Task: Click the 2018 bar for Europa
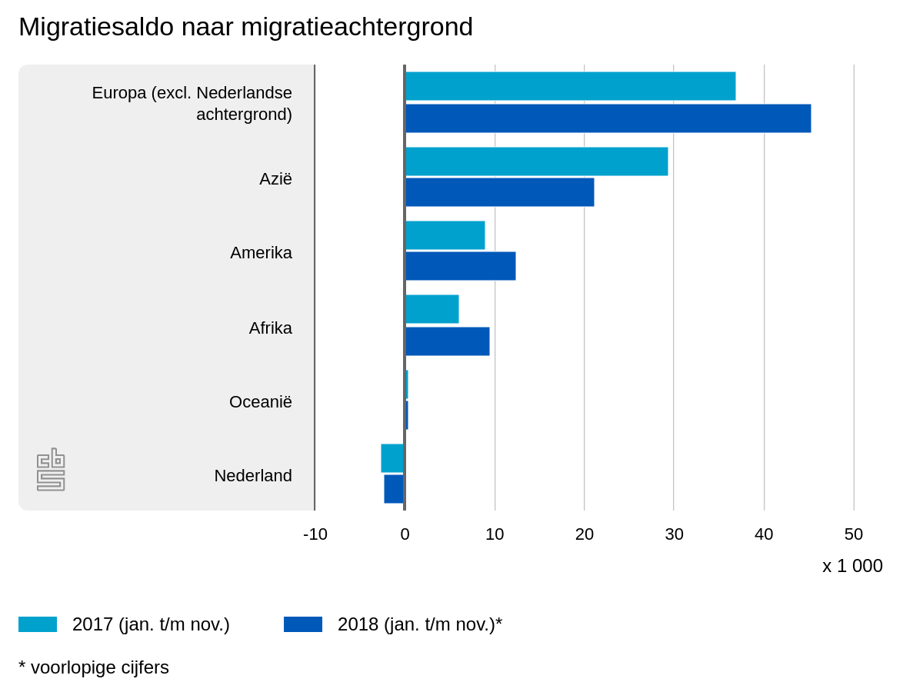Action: click(x=608, y=118)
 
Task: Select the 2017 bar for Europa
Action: click(x=570, y=86)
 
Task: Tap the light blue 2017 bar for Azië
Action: click(x=536, y=161)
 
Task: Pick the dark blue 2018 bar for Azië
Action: click(x=499, y=192)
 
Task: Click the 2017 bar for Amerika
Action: click(x=445, y=235)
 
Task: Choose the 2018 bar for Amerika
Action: click(x=460, y=266)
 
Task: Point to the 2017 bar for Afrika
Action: click(x=432, y=309)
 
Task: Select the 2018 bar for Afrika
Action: click(x=447, y=341)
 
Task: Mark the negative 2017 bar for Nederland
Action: click(x=392, y=458)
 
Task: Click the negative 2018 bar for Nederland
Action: click(x=394, y=489)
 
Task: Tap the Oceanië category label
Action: click(x=261, y=402)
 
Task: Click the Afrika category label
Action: click(x=271, y=328)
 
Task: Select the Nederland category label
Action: click(x=253, y=476)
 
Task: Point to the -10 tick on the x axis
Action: click(x=315, y=534)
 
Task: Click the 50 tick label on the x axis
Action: click(x=854, y=534)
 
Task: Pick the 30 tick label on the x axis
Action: click(x=674, y=534)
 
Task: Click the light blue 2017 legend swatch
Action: click(x=38, y=624)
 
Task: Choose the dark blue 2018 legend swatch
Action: click(x=303, y=624)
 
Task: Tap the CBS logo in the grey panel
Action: click(x=51, y=470)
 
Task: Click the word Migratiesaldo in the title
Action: click(x=96, y=27)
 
